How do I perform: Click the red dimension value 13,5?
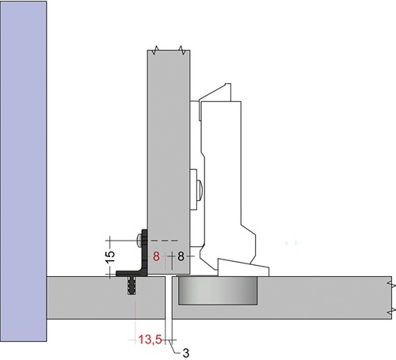click(150, 339)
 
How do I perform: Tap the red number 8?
click(156, 256)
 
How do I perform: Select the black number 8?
click(181, 256)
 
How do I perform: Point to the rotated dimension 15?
click(111, 257)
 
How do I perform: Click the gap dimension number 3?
click(186, 353)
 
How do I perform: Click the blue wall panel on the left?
click(24, 171)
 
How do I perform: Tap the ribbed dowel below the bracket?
click(131, 286)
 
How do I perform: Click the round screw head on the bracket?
click(139, 241)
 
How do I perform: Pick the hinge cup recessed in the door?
click(218, 290)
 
